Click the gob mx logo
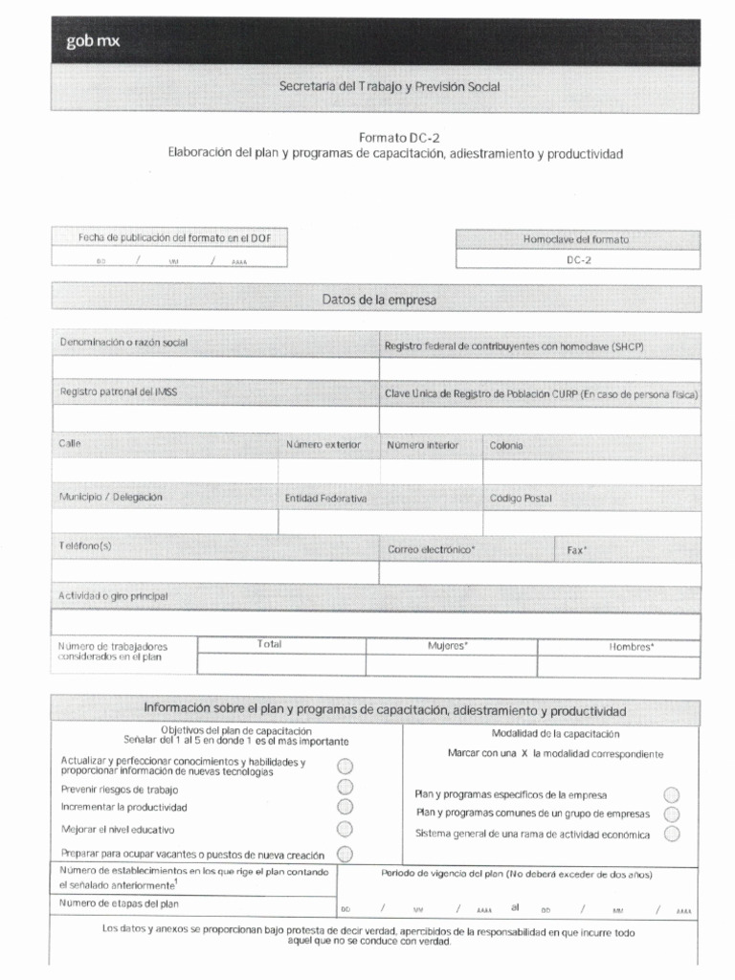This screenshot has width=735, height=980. [93, 40]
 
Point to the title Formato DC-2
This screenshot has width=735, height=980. [399, 137]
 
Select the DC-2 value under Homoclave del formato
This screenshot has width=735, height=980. [578, 259]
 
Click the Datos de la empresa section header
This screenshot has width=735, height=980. [379, 301]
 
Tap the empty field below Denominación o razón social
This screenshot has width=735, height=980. [215, 368]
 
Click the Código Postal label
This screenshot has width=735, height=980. [521, 499]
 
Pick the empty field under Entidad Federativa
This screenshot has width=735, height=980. [379, 523]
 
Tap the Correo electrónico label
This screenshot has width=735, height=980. [432, 550]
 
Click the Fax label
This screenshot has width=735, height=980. [577, 551]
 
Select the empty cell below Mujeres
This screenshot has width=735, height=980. [451, 665]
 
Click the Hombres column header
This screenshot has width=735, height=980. [632, 647]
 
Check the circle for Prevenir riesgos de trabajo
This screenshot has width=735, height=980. [345, 787]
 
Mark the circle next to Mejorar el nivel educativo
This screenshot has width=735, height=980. [345, 829]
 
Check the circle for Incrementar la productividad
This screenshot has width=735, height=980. [345, 807]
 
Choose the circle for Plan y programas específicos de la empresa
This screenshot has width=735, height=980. [672, 795]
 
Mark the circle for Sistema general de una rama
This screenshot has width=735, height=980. [672, 834]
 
